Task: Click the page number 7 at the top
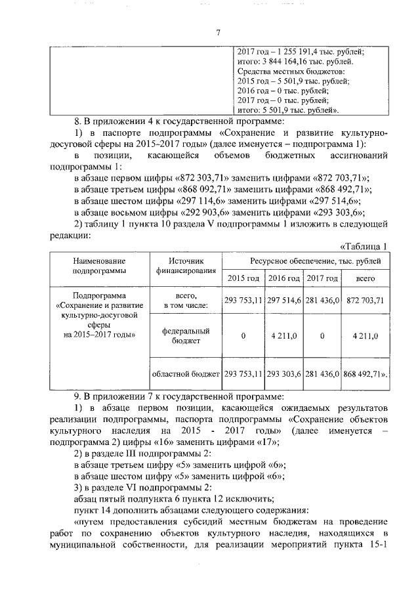(219, 33)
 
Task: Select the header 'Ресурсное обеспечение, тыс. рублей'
(306, 261)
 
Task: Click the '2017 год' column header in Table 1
(322, 279)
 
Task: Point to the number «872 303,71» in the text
(218, 179)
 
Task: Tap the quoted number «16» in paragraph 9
(172, 441)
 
